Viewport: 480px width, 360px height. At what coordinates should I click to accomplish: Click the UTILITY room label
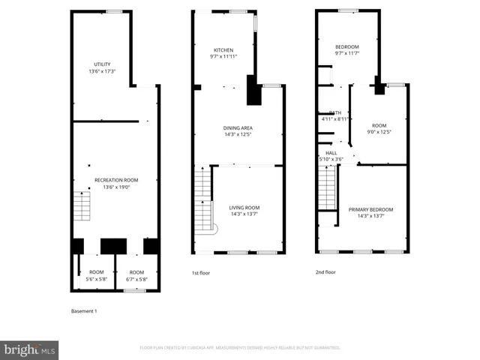pyautogui.click(x=101, y=64)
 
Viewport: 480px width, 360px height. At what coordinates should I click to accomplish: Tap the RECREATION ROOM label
pyautogui.click(x=116, y=180)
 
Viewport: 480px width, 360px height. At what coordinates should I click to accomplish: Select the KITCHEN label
pyautogui.click(x=223, y=49)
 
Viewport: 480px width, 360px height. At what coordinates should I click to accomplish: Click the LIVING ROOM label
pyautogui.click(x=244, y=207)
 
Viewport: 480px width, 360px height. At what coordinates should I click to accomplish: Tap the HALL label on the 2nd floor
pyautogui.click(x=331, y=153)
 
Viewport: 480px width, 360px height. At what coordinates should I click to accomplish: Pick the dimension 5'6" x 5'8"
pyautogui.click(x=96, y=279)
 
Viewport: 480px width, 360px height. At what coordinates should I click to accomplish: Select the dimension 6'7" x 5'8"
pyautogui.click(x=136, y=279)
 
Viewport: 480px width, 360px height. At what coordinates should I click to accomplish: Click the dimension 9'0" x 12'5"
pyautogui.click(x=379, y=132)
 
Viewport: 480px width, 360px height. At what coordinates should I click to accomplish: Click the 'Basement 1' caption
pyautogui.click(x=84, y=310)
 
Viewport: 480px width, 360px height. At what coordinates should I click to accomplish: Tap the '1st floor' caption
pyautogui.click(x=202, y=273)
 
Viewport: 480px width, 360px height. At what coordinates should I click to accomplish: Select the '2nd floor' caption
pyautogui.click(x=325, y=272)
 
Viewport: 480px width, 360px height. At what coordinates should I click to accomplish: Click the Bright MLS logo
pyautogui.click(x=29, y=350)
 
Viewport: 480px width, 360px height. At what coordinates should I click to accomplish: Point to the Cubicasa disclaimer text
pyautogui.click(x=240, y=348)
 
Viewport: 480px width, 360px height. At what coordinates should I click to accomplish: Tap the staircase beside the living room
pyautogui.click(x=203, y=199)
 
